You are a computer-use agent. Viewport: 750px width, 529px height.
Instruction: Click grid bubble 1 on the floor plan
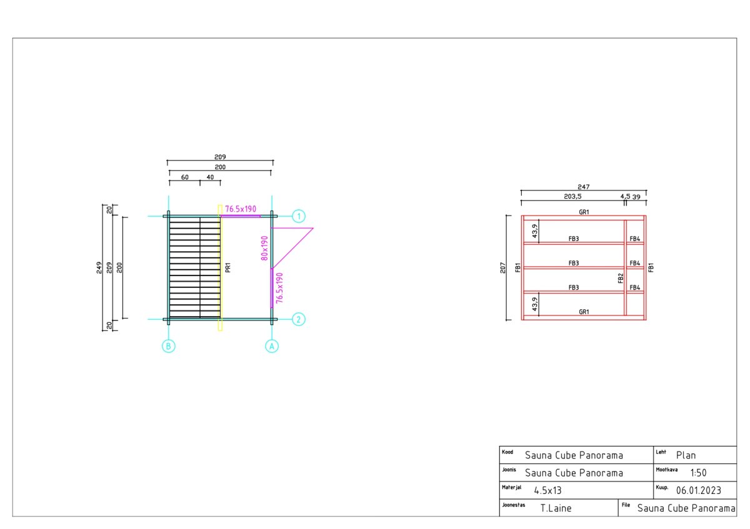pos(299,216)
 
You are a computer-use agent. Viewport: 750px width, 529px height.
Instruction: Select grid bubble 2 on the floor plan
pos(299,319)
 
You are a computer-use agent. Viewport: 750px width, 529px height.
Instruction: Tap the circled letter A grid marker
pos(272,346)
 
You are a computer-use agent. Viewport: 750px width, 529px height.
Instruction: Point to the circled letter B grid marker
pos(168,346)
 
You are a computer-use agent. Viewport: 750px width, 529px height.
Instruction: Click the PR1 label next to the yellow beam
pos(228,268)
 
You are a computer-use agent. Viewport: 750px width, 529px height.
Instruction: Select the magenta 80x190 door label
pos(264,249)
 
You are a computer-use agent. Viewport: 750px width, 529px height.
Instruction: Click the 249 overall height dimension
pos(99,268)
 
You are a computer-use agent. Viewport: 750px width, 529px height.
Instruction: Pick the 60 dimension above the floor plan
pos(185,177)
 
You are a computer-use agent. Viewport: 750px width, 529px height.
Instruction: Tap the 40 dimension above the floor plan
pos(210,177)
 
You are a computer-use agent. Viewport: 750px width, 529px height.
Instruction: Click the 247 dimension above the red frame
pos(584,187)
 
